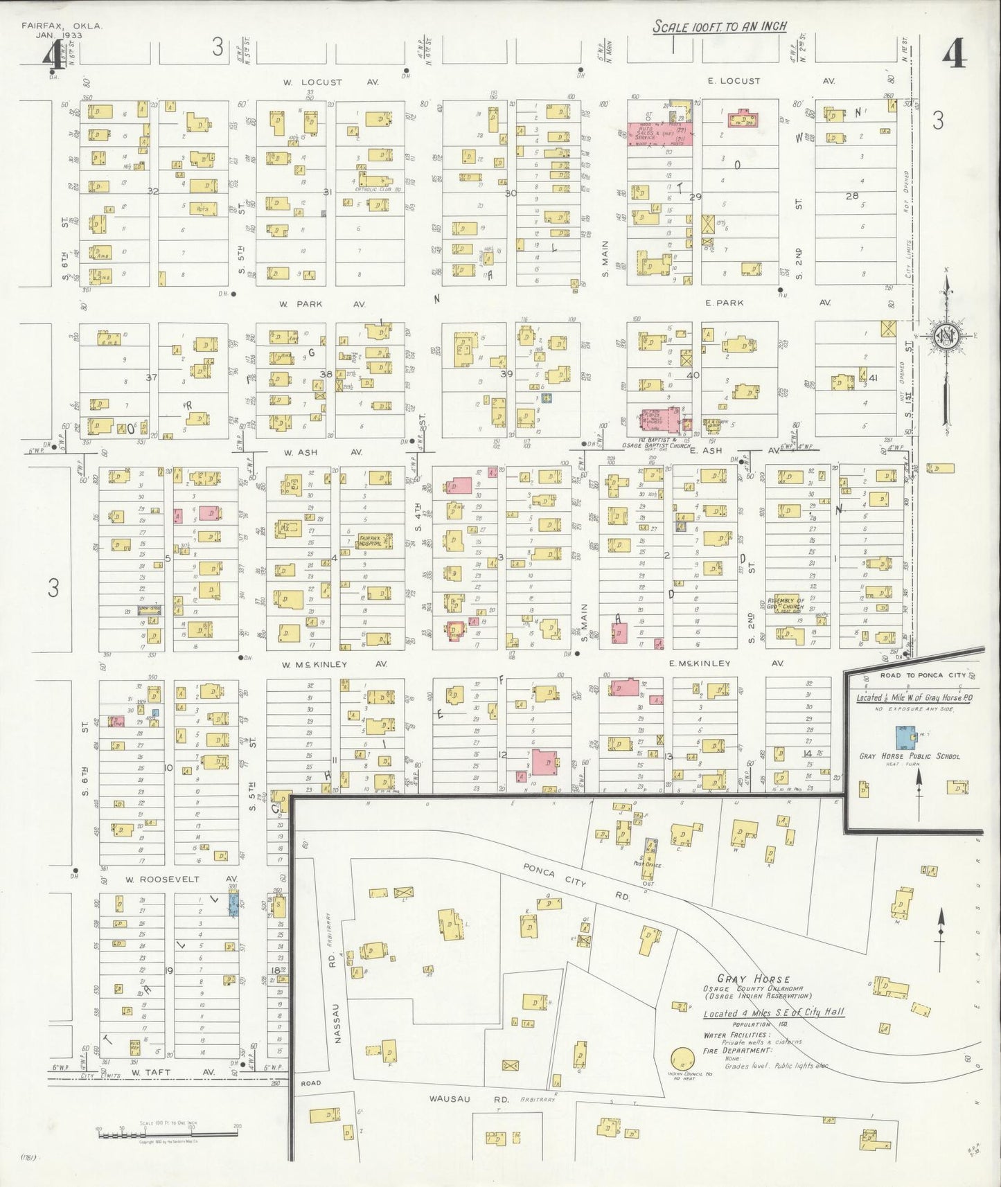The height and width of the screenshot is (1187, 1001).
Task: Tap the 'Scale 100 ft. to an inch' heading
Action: pyautogui.click(x=720, y=27)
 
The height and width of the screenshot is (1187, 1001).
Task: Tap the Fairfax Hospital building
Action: pyautogui.click(x=374, y=541)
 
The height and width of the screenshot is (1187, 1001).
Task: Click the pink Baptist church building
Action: pyautogui.click(x=659, y=419)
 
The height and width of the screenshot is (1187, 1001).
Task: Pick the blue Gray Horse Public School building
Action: pyautogui.click(x=904, y=734)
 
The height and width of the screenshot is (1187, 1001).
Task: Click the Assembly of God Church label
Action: pyautogui.click(x=785, y=604)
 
